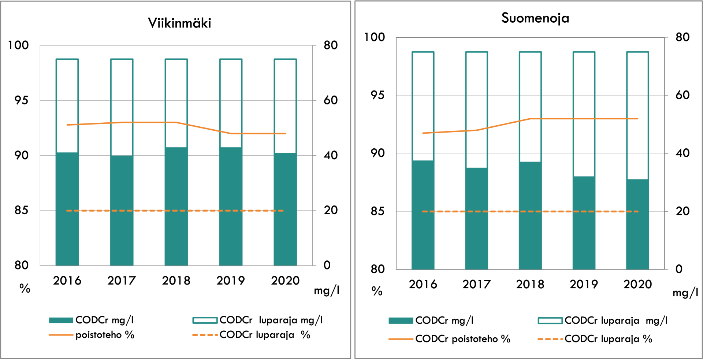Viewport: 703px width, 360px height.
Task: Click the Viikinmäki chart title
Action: (x=179, y=23)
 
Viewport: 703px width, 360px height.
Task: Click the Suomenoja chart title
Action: (x=535, y=18)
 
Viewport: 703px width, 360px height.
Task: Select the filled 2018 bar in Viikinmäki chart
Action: (x=176, y=207)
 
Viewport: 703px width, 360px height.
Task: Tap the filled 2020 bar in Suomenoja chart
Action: (x=637, y=224)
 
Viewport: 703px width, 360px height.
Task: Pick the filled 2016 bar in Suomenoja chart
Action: (x=423, y=215)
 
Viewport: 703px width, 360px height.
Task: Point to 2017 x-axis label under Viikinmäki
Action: (x=122, y=281)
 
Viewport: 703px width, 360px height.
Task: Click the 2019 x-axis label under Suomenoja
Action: (x=584, y=284)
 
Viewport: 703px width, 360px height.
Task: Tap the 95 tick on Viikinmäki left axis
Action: (x=21, y=100)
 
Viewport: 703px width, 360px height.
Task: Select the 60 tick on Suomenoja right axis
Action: (x=682, y=95)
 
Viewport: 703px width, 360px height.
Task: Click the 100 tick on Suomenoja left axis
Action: (x=374, y=37)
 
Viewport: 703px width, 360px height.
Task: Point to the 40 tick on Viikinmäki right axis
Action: (x=331, y=155)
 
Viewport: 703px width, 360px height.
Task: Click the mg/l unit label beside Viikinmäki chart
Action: (x=327, y=291)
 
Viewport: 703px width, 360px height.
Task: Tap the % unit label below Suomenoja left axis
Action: (x=377, y=291)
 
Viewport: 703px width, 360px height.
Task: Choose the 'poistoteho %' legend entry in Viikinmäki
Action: (x=105, y=335)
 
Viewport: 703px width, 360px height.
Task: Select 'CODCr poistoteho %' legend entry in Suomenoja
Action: (x=463, y=339)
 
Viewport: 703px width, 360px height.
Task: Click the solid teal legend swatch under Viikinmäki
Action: (x=61, y=320)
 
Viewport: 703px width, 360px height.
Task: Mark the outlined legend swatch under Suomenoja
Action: (x=550, y=321)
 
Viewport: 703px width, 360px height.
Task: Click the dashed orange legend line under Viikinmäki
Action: (x=205, y=335)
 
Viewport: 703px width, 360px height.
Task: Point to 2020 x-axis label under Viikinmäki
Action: (x=285, y=281)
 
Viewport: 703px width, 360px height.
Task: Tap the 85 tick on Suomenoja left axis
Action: (x=377, y=211)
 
